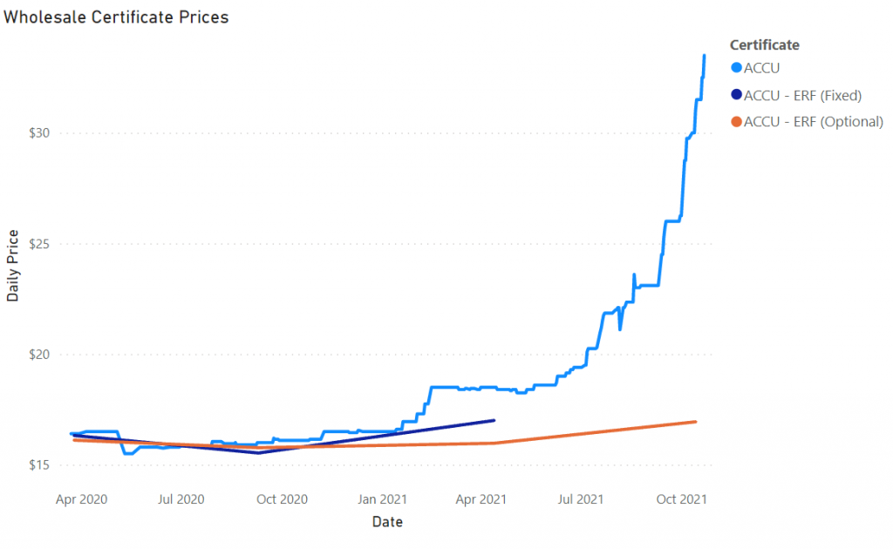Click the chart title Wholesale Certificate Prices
tap(117, 17)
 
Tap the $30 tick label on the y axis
tap(42, 133)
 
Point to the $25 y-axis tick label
tap(42, 244)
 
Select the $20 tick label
tap(42, 355)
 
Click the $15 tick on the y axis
tap(42, 465)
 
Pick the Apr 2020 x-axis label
tap(81, 499)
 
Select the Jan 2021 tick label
tap(383, 499)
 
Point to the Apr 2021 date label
tap(481, 499)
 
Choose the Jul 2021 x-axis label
tap(580, 499)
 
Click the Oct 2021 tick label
tap(681, 499)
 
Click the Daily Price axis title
tap(13, 266)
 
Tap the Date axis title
tap(387, 523)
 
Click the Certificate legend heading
tap(765, 45)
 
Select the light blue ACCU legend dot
tap(736, 68)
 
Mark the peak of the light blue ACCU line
tap(705, 56)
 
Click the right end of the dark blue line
tap(494, 420)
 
